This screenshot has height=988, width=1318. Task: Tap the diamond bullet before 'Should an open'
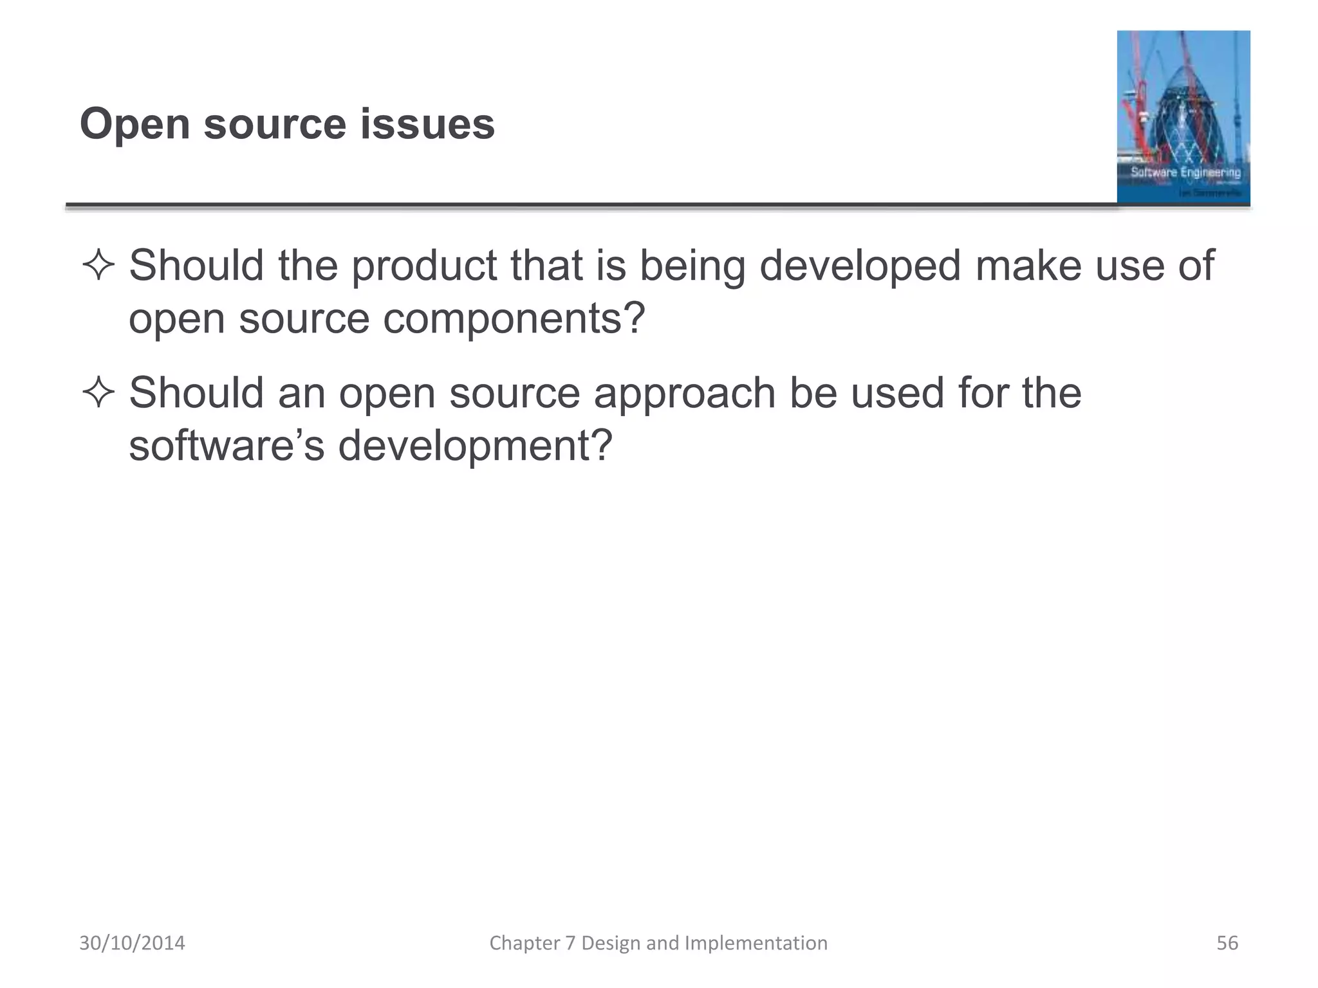pos(98,392)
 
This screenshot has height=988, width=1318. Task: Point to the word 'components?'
pos(514,318)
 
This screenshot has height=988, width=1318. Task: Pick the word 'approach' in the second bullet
pos(685,392)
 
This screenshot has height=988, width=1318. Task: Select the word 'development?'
pos(475,445)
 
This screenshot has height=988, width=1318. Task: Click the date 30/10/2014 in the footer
pos(132,943)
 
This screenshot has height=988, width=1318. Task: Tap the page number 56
pos(1227,943)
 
